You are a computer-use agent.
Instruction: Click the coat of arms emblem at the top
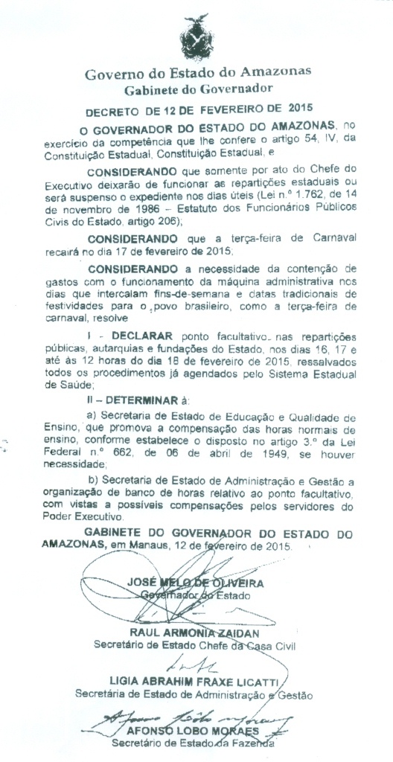(x=196, y=34)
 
